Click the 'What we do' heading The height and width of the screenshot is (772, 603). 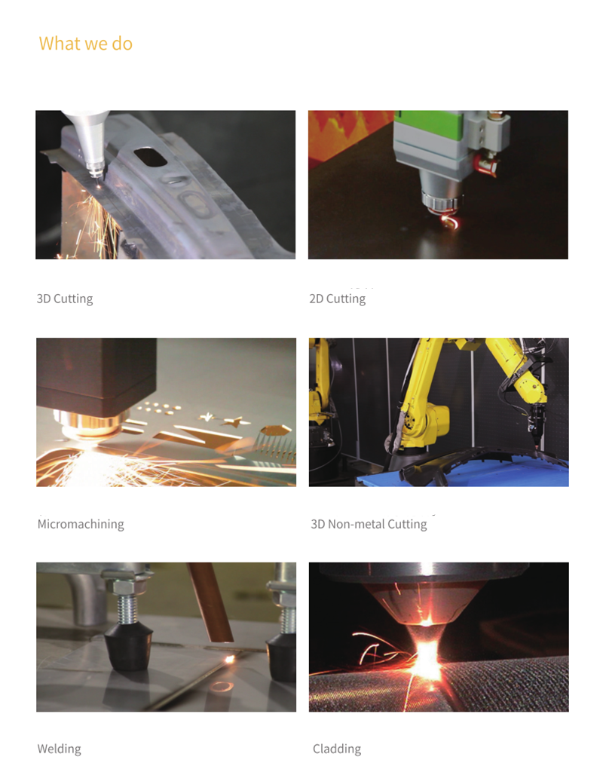(x=86, y=43)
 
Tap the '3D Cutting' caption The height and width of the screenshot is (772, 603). (x=65, y=299)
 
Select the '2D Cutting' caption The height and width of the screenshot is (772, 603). (x=337, y=299)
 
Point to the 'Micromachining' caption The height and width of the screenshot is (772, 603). (x=81, y=523)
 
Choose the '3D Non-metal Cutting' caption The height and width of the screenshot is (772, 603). (x=369, y=523)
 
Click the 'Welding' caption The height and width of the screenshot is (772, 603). (x=59, y=749)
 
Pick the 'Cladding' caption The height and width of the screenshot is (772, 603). (x=337, y=749)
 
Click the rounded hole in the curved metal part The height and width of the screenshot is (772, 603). (x=152, y=157)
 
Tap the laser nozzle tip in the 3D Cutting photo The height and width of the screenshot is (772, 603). (x=96, y=172)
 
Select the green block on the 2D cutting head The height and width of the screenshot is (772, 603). (x=428, y=126)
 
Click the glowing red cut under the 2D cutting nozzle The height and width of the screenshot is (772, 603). (x=450, y=221)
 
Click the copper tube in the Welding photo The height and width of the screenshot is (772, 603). (x=210, y=602)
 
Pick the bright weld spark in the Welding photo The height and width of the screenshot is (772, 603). (x=229, y=658)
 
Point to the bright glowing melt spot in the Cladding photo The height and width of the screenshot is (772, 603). (x=427, y=657)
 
